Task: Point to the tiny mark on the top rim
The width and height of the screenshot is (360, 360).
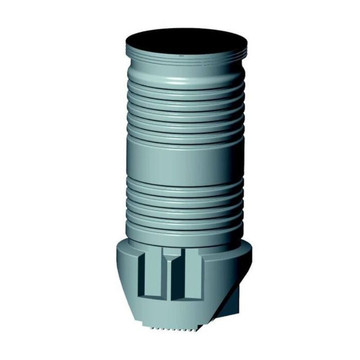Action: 181,55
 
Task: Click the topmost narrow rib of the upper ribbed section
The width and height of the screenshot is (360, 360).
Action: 185,88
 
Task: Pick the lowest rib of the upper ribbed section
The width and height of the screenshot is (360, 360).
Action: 185,131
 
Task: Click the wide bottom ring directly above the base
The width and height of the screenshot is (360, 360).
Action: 185,232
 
